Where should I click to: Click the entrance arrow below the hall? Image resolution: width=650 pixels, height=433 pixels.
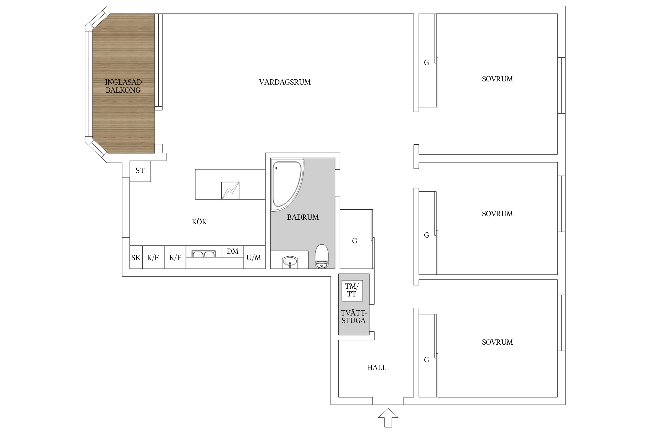click(388, 418)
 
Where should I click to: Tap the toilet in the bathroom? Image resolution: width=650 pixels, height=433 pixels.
click(322, 256)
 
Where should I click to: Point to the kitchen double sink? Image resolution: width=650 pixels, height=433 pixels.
click(204, 254)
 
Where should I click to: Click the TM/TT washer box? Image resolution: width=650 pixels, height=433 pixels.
click(352, 290)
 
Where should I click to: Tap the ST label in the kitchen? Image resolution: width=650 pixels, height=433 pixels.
click(140, 171)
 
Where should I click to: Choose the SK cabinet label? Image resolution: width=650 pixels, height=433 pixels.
click(136, 257)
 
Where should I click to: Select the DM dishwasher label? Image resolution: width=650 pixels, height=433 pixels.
click(233, 251)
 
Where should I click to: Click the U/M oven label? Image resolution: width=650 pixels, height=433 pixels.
click(254, 257)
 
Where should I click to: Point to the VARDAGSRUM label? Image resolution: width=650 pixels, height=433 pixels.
click(285, 82)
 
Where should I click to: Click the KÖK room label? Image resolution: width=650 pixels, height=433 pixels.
click(199, 221)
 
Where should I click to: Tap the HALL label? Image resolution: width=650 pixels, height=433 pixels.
click(376, 367)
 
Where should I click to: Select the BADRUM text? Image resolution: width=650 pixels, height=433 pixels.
click(303, 217)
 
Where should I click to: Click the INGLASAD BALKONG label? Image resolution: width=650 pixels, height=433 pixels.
click(123, 86)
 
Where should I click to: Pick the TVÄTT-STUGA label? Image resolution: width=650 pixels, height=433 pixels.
click(354, 317)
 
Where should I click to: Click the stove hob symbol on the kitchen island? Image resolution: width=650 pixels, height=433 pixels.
click(230, 191)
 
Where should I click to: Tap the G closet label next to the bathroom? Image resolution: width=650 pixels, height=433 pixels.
click(355, 241)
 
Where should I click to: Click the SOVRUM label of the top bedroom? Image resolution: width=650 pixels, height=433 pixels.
click(497, 79)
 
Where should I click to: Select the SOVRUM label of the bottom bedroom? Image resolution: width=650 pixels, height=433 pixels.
click(497, 342)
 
